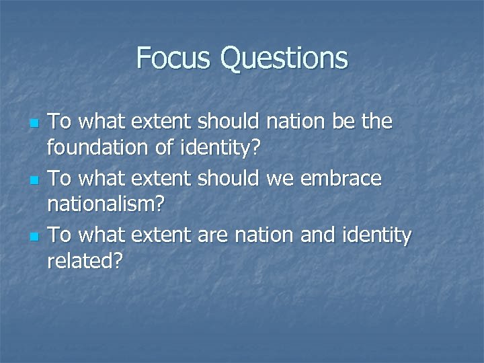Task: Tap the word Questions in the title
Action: pos(284,59)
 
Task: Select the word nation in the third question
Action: pos(258,236)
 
